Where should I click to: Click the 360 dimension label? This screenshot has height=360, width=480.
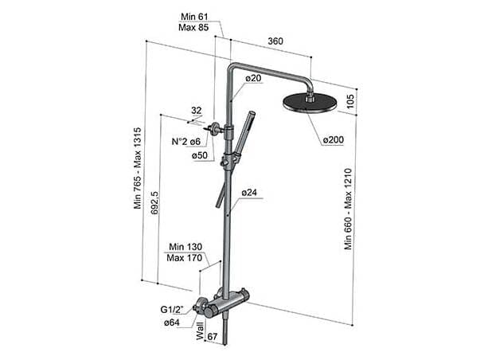click(x=275, y=41)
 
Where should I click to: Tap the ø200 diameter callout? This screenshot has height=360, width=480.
click(x=334, y=139)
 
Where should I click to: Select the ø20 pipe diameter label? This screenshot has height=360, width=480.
click(x=253, y=78)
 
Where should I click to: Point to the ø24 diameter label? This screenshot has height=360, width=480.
click(x=249, y=193)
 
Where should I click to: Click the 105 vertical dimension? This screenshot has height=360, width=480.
click(x=349, y=101)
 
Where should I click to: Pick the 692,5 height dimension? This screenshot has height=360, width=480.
click(x=154, y=203)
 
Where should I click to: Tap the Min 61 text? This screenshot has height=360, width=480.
click(x=194, y=17)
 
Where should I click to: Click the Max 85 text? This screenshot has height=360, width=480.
click(x=193, y=27)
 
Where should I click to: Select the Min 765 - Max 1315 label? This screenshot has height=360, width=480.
click(x=138, y=168)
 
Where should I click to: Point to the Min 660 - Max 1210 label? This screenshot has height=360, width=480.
click(x=349, y=209)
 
